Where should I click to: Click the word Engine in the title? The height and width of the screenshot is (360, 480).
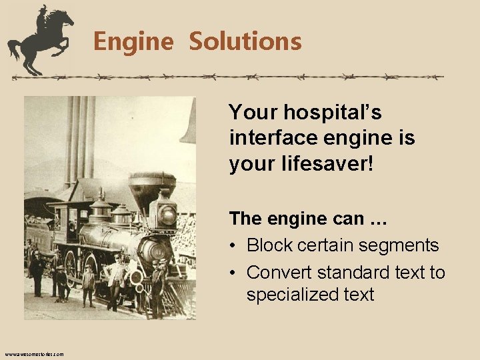[133, 41]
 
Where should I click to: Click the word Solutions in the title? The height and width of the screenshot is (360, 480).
[245, 41]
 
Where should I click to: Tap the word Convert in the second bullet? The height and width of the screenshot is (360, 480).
[279, 273]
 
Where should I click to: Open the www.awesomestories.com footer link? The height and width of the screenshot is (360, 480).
[34, 354]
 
